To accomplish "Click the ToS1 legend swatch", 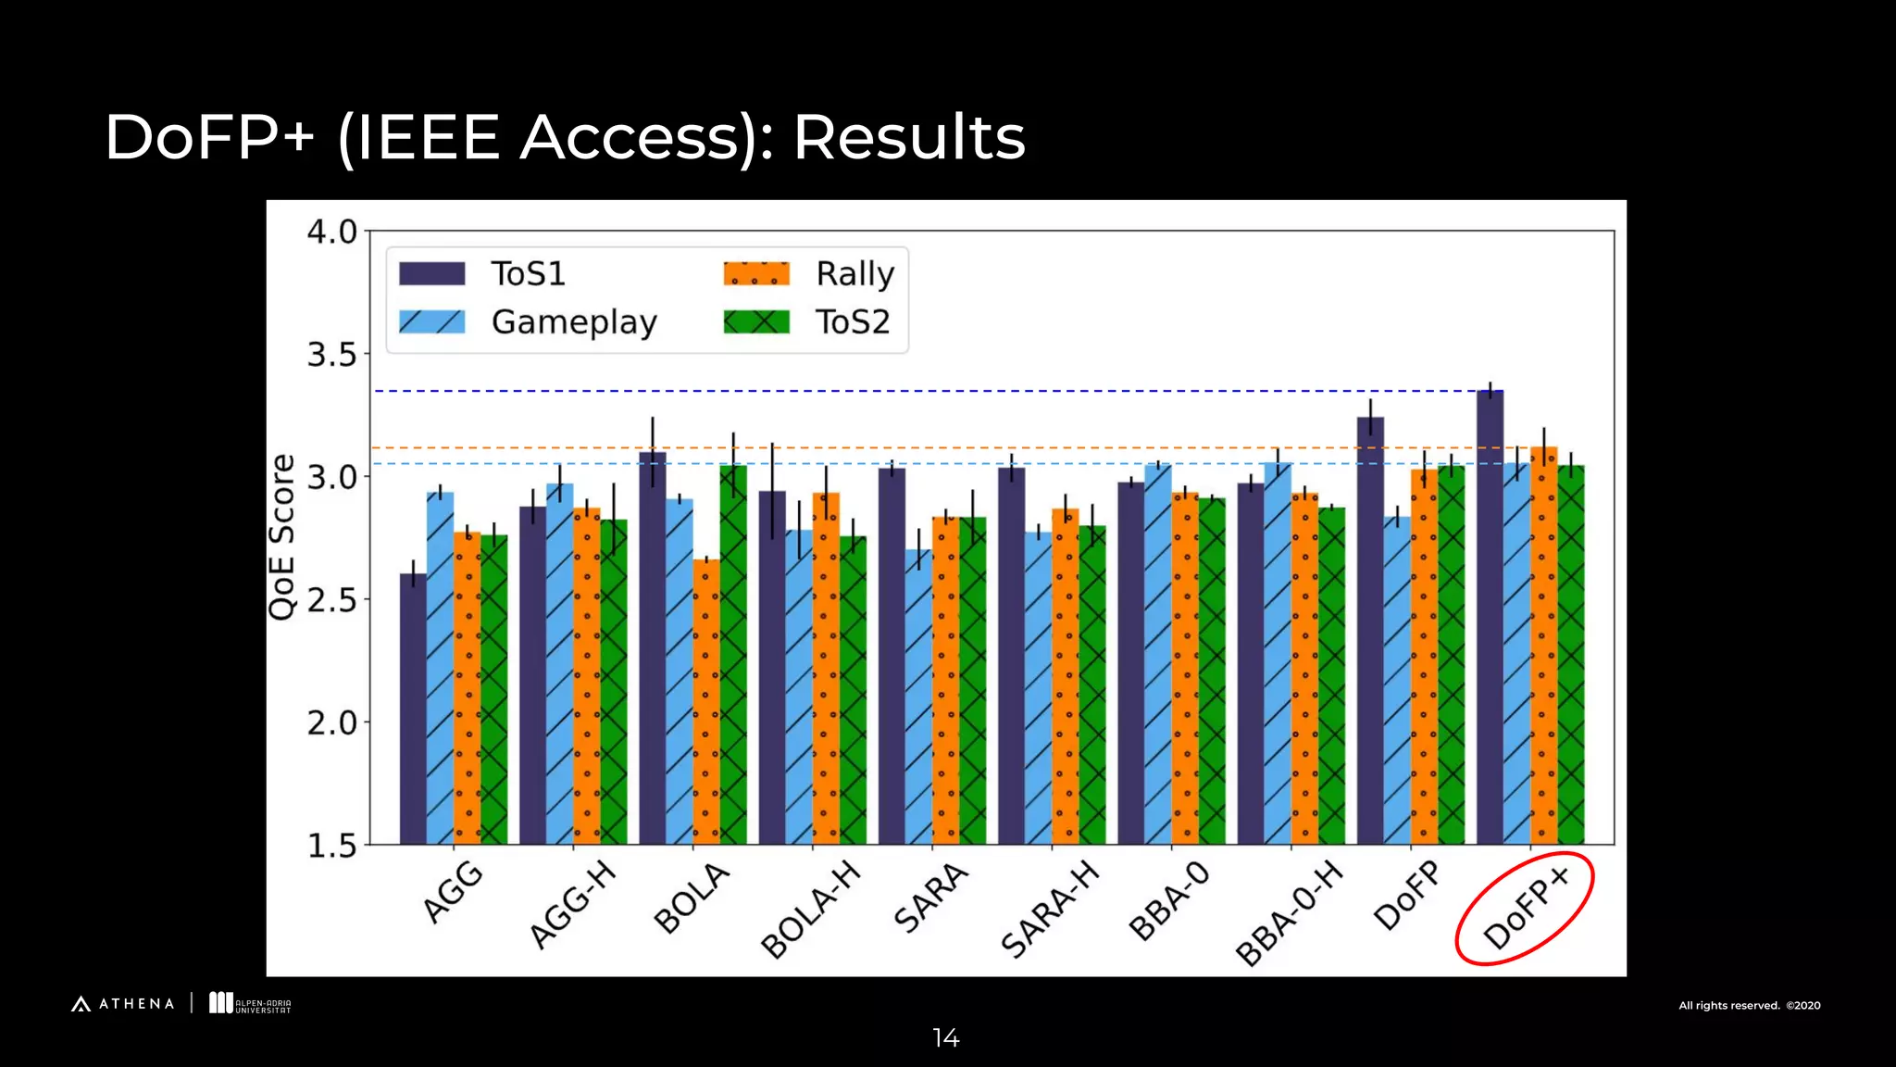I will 431,274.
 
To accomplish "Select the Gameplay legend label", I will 574,322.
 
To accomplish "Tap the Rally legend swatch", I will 756,274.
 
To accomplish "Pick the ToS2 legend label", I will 853,322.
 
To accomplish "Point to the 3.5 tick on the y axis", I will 332,355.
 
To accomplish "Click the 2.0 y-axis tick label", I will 332,722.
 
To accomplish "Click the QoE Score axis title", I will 281,537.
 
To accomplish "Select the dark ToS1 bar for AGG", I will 413,709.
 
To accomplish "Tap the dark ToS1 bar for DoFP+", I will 1490,616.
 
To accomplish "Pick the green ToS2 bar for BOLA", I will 733,654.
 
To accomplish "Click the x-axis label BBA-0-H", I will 1289,912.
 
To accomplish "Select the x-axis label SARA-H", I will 1050,909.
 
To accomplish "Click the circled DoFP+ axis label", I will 1525,908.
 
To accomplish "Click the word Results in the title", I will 909,138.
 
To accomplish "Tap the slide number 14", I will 946,1038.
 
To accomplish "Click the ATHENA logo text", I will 135,1004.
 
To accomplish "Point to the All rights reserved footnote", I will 1749,1006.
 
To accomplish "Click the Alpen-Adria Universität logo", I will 250,1004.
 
